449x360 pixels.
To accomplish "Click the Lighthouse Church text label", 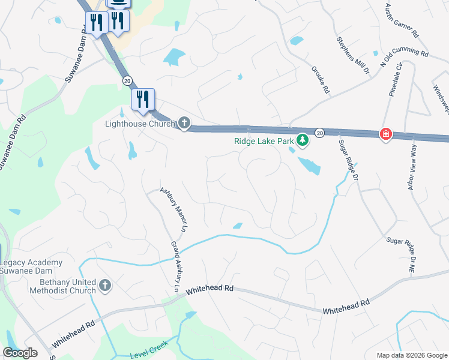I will [x=139, y=124].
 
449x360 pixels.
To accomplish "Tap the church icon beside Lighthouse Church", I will [x=184, y=124].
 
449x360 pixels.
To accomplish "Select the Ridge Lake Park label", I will [x=264, y=141].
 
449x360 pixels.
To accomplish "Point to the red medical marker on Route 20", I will [x=385, y=134].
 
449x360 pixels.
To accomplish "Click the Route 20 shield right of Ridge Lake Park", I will [x=320, y=132].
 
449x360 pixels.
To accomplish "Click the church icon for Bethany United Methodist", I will [x=105, y=285].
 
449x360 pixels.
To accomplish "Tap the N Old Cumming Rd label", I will [x=403, y=59].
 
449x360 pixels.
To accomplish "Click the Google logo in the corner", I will [x=20, y=353].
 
